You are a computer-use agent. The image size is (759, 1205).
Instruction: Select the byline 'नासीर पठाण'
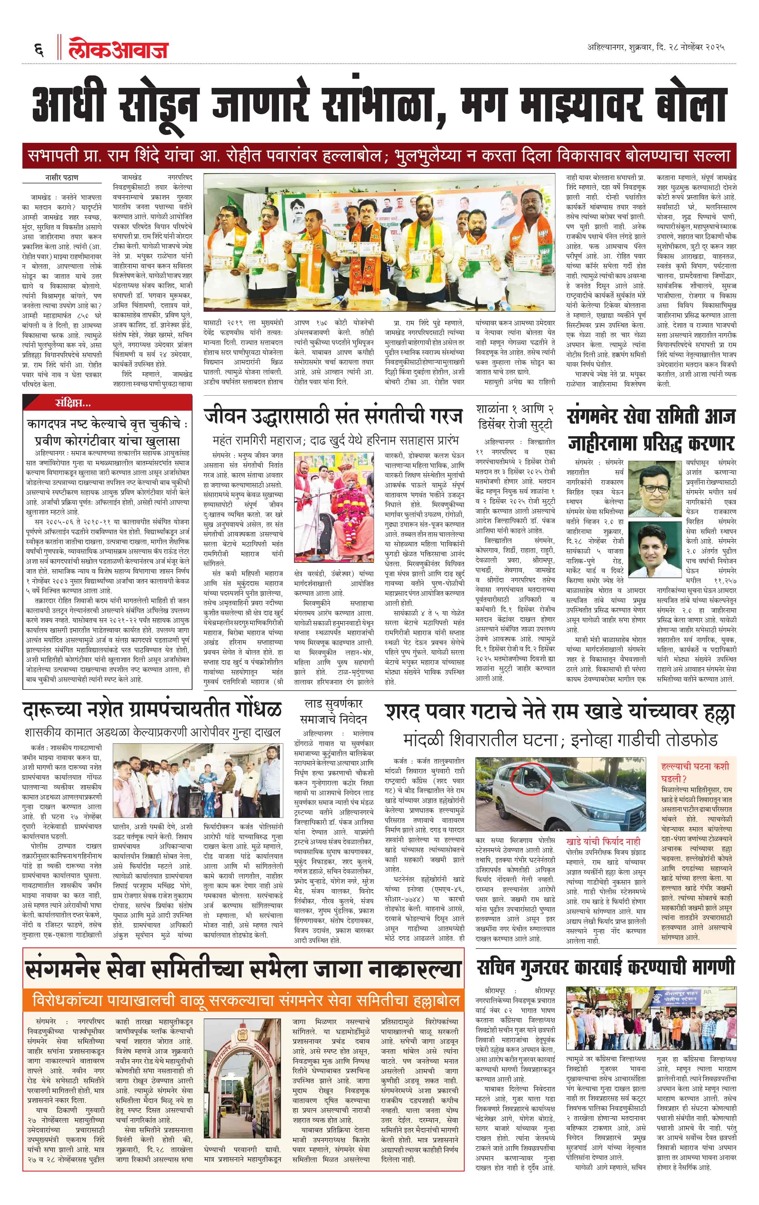point(62,178)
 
